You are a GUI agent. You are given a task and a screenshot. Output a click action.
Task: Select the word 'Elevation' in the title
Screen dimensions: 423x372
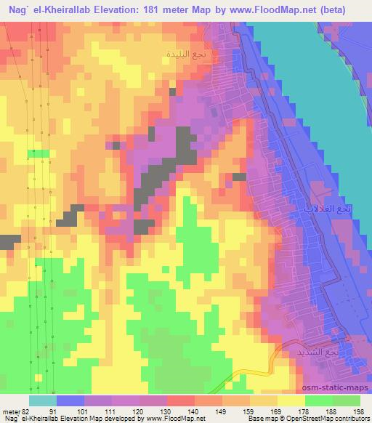click(123, 9)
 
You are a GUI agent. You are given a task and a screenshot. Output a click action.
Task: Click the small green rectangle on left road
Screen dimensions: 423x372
click(39, 153)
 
